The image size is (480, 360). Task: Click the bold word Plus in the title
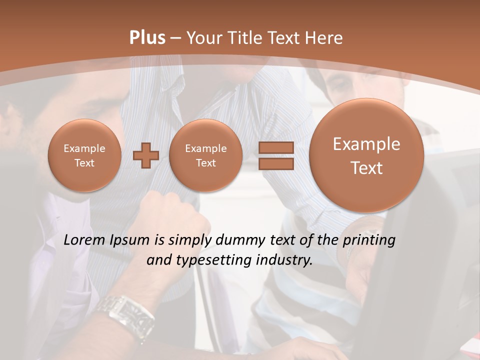pos(147,38)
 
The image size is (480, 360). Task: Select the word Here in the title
pos(324,38)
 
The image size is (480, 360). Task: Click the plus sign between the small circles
pos(146,155)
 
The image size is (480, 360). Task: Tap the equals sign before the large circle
pos(276,155)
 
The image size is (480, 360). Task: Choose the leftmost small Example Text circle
pos(84,155)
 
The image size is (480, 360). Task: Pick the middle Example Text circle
pos(205,155)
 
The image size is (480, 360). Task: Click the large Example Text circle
pos(366,155)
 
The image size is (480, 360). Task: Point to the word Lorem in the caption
pos(84,240)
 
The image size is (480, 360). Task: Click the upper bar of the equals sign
pos(276,148)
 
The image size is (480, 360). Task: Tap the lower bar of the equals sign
pos(276,163)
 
